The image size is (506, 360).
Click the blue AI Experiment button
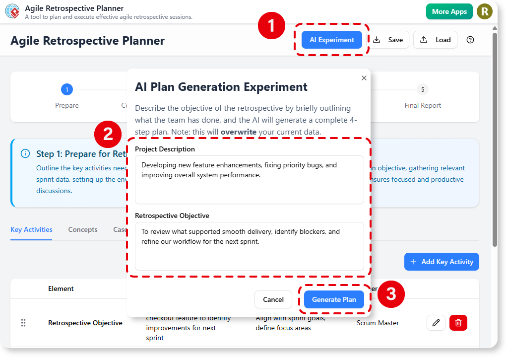[332, 40]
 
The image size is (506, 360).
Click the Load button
[435, 40]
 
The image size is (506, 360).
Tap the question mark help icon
[470, 40]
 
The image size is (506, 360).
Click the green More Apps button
[449, 11]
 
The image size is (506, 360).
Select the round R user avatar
[484, 11]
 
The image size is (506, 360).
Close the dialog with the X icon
[364, 78]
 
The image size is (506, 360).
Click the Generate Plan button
[334, 299]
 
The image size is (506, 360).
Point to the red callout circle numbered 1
[271, 26]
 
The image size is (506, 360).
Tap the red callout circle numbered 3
[391, 294]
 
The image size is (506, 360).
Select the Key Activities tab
[31, 229]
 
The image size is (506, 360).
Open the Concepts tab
[83, 229]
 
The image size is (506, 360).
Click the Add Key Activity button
[442, 262]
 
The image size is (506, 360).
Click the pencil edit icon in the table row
[436, 323]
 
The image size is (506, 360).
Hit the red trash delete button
[458, 323]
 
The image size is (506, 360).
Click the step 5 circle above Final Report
[423, 90]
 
